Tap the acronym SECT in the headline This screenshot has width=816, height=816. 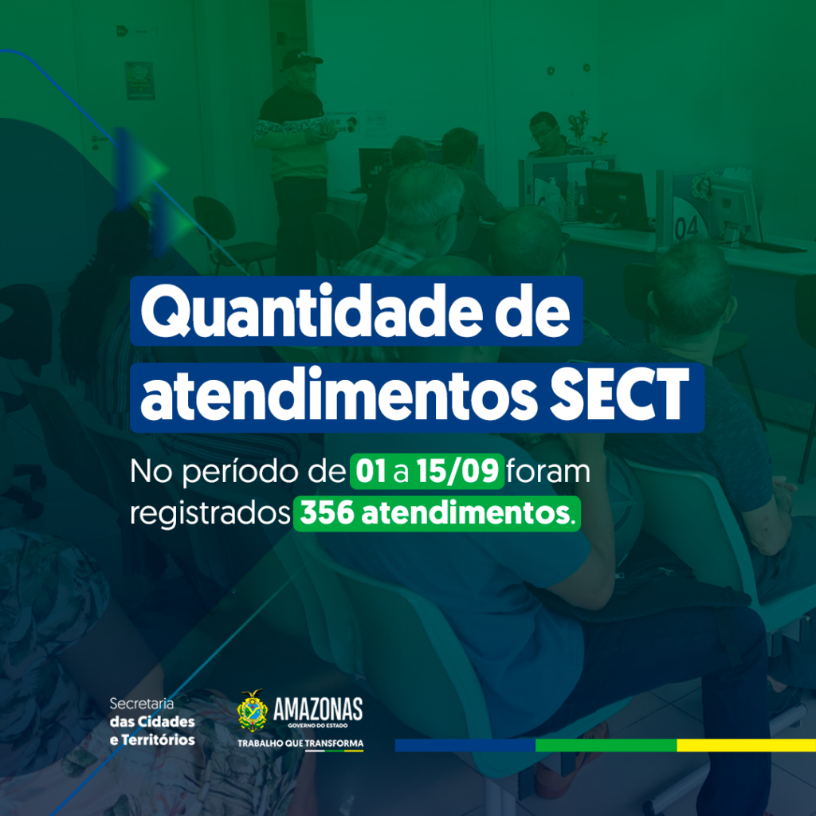click(619, 394)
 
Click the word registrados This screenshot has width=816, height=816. click(210, 515)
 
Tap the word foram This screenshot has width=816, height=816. click(548, 472)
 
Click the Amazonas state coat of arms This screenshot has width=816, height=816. click(253, 710)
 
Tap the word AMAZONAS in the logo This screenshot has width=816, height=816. click(318, 708)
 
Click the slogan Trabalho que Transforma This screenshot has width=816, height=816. click(300, 743)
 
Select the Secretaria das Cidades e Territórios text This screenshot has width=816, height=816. click(152, 722)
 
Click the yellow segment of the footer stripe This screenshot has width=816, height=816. click(746, 745)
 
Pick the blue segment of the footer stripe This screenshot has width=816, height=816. click(465, 745)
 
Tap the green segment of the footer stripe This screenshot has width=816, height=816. click(606, 745)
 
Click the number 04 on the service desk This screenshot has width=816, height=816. click(686, 227)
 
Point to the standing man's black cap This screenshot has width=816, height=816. click(300, 58)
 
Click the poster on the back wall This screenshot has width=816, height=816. click(140, 80)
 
